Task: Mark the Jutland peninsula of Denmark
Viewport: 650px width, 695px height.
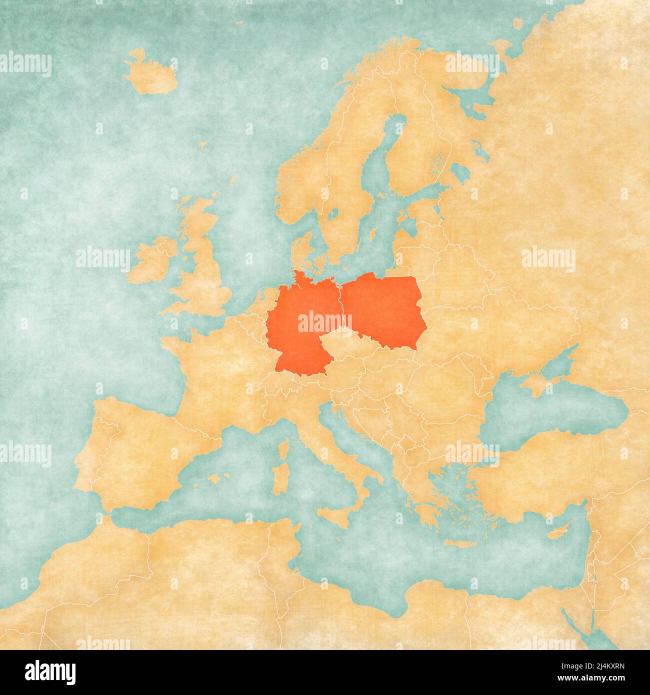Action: (300, 252)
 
